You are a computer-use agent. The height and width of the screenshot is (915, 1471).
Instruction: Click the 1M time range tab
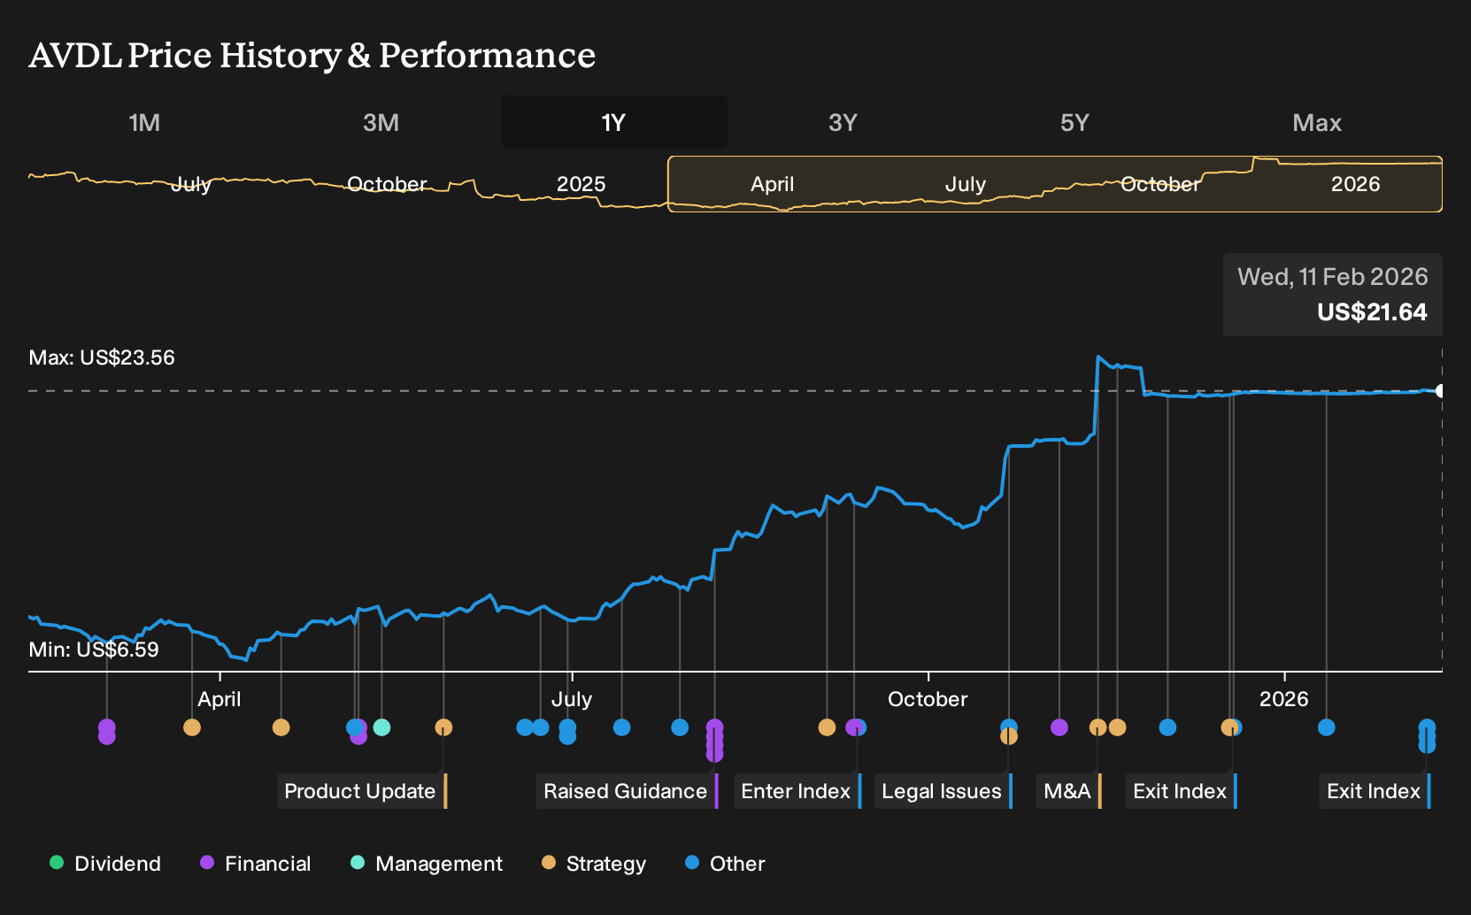pos(144,123)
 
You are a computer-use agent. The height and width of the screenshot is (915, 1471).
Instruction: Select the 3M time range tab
pos(381,123)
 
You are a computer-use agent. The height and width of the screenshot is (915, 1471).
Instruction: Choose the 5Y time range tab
pos(1074,123)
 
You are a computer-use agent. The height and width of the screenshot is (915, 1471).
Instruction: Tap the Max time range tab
pos(1317,123)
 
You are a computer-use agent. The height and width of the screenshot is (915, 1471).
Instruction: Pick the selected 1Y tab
pos(614,123)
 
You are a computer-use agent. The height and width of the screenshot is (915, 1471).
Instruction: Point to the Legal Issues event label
pos(943,791)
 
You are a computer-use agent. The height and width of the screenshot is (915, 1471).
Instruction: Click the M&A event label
pos(1068,791)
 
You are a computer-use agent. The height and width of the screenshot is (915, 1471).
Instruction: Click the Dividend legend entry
pos(105,863)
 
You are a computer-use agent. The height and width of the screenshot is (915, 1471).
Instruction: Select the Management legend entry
pos(427,863)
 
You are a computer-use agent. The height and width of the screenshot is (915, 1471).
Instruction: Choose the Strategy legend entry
pos(594,863)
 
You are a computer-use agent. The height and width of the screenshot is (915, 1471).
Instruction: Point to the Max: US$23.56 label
pos(102,358)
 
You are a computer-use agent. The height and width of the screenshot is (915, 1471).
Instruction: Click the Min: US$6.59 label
pos(94,650)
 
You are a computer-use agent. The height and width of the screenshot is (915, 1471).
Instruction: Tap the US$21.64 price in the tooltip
pos(1372,311)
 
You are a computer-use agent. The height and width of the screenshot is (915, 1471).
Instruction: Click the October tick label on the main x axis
pos(928,699)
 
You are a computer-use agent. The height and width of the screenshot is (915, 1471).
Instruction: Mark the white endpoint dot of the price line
pos(1440,391)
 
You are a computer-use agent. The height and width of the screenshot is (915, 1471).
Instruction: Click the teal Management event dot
pos(381,727)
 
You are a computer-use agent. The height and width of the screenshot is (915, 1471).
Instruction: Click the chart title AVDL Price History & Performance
pos(312,55)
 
